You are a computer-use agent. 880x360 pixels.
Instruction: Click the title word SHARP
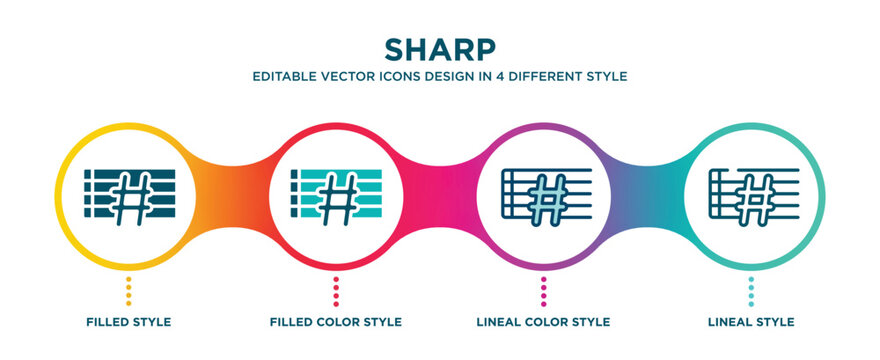pos(439,49)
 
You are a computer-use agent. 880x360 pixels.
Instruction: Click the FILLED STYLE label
pos(127,322)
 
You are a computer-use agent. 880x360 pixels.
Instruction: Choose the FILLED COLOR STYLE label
pos(335,322)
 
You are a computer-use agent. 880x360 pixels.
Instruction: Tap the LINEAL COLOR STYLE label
pos(543,322)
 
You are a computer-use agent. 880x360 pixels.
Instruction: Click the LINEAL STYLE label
pos(751,322)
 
